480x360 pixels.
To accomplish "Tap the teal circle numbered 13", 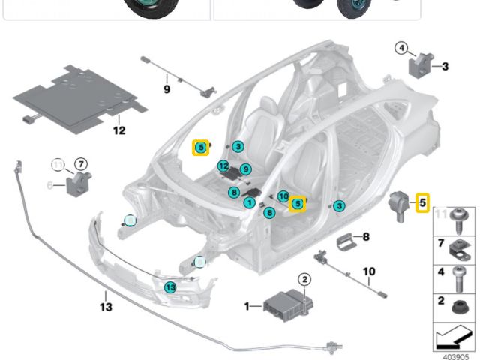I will [170, 286].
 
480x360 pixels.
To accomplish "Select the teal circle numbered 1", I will [248, 202].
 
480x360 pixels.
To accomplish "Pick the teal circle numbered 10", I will [283, 196].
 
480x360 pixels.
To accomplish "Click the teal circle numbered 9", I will [244, 169].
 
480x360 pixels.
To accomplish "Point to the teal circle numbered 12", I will [223, 166].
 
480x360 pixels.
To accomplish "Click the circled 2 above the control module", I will [305, 280].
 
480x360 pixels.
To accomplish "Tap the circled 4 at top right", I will [401, 49].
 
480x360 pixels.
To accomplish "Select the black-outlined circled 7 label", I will [81, 163].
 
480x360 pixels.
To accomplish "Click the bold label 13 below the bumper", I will [105, 307].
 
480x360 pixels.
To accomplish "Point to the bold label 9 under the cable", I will [166, 89].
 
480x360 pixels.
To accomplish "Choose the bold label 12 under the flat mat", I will [119, 130].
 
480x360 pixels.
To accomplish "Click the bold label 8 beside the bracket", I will [366, 237].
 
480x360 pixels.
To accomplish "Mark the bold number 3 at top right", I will [445, 66].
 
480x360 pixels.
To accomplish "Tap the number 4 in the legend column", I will [440, 271].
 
